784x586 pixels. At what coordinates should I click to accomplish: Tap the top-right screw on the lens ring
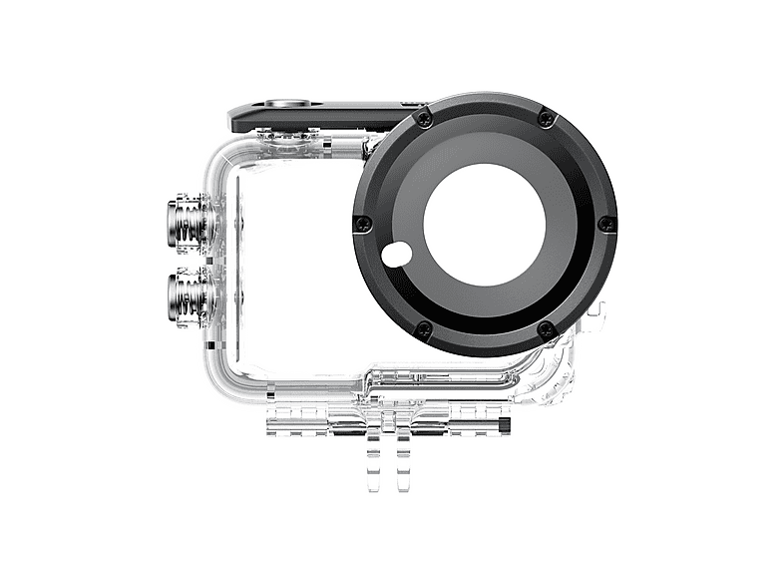(x=545, y=119)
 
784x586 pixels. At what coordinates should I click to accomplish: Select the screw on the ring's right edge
(x=604, y=224)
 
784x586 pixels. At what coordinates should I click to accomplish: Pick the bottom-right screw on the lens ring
(x=544, y=328)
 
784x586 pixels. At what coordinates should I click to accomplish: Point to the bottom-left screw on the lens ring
(x=424, y=326)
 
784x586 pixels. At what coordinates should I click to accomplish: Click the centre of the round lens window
(x=484, y=223)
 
